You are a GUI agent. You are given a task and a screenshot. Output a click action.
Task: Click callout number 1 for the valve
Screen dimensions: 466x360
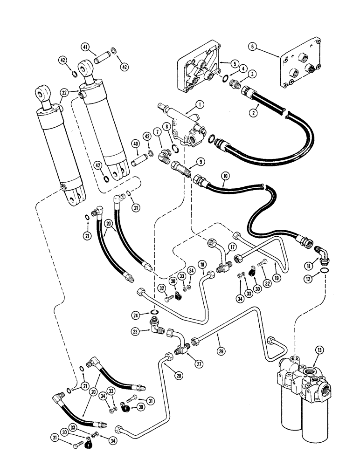(x=199, y=105)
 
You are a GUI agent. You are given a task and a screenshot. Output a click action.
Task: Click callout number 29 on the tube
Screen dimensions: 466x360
(x=219, y=348)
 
